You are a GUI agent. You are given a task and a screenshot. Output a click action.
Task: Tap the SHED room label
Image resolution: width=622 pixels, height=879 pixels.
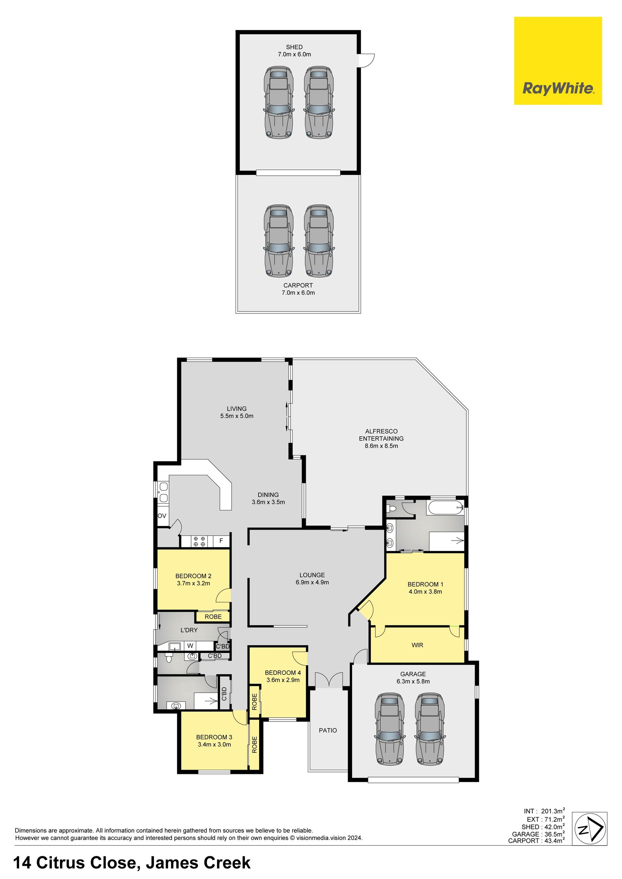tap(294, 47)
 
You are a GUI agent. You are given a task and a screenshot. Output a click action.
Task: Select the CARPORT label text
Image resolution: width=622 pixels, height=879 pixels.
tap(298, 285)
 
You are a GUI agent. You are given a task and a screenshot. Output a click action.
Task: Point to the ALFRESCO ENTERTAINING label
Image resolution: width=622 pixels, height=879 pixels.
tap(381, 435)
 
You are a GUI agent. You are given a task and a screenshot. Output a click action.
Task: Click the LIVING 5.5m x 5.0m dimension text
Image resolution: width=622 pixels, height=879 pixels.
tap(237, 416)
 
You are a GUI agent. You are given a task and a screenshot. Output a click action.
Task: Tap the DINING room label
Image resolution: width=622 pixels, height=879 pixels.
tap(268, 495)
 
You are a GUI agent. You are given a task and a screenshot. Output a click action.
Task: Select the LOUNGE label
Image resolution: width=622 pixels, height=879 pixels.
tap(312, 575)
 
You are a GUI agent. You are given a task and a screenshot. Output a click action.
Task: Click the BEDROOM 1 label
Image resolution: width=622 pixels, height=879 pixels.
tap(425, 584)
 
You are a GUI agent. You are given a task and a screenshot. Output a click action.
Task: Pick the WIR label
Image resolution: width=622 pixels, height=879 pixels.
tap(417, 645)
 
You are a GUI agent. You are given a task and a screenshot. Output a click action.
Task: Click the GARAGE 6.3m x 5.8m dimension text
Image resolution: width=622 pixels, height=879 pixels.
tap(413, 681)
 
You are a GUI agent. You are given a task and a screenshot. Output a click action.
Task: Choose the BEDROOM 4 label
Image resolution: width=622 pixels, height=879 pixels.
tap(283, 673)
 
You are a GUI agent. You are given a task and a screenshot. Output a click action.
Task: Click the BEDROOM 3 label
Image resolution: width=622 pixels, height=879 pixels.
tap(214, 737)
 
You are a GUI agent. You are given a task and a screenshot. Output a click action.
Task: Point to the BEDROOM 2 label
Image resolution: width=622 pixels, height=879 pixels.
tap(193, 576)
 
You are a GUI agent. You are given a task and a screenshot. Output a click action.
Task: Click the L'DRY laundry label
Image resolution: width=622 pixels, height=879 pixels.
tap(189, 630)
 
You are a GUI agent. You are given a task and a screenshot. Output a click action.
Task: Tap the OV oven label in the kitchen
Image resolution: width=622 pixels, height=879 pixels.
tap(162, 516)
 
